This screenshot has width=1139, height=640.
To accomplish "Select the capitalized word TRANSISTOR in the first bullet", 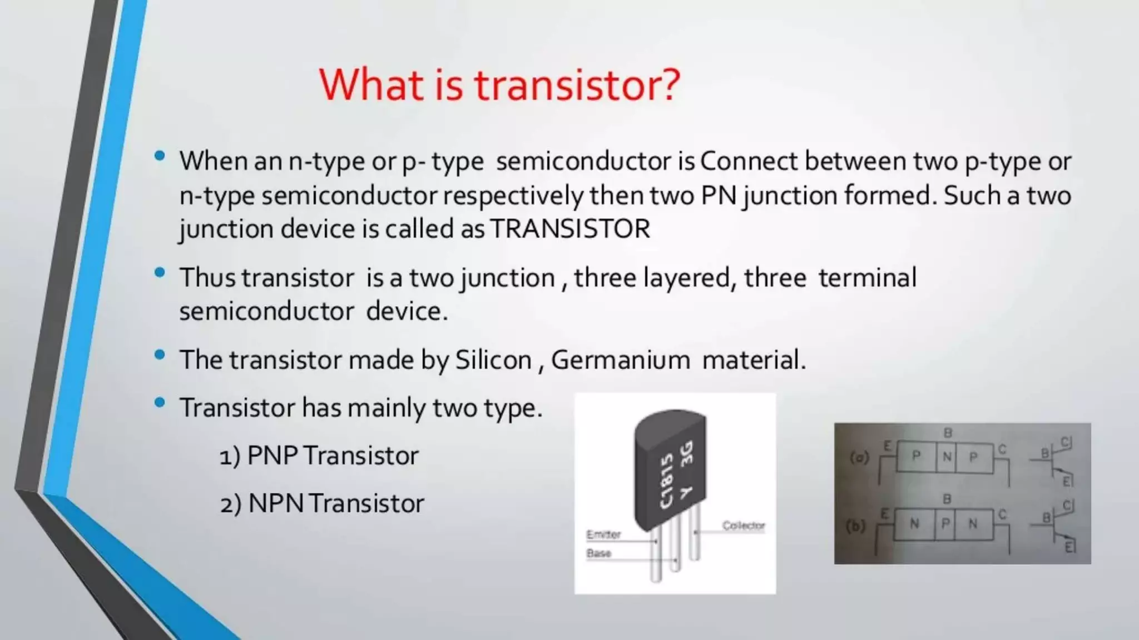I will coord(570,229).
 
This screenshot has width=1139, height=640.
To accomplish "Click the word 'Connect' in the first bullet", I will coord(748,161).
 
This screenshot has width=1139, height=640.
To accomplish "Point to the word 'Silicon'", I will coord(493,359).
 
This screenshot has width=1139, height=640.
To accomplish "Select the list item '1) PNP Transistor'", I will coord(319,456).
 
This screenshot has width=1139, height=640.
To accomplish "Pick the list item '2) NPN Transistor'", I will coord(322,503).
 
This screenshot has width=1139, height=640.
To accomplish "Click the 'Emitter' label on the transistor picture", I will coord(603,534).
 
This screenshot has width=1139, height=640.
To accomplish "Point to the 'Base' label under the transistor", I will coord(598,553).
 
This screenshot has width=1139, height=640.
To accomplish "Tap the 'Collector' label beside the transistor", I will coord(743,526).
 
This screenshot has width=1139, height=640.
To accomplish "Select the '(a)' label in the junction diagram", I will coord(859,458).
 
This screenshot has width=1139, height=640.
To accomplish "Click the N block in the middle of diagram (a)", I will coord(946,457).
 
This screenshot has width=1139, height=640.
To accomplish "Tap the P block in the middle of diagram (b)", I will coord(945,524).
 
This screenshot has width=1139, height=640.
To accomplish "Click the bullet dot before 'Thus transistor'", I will coord(160,273).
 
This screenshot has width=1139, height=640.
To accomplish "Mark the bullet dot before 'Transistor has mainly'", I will coord(160,403).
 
